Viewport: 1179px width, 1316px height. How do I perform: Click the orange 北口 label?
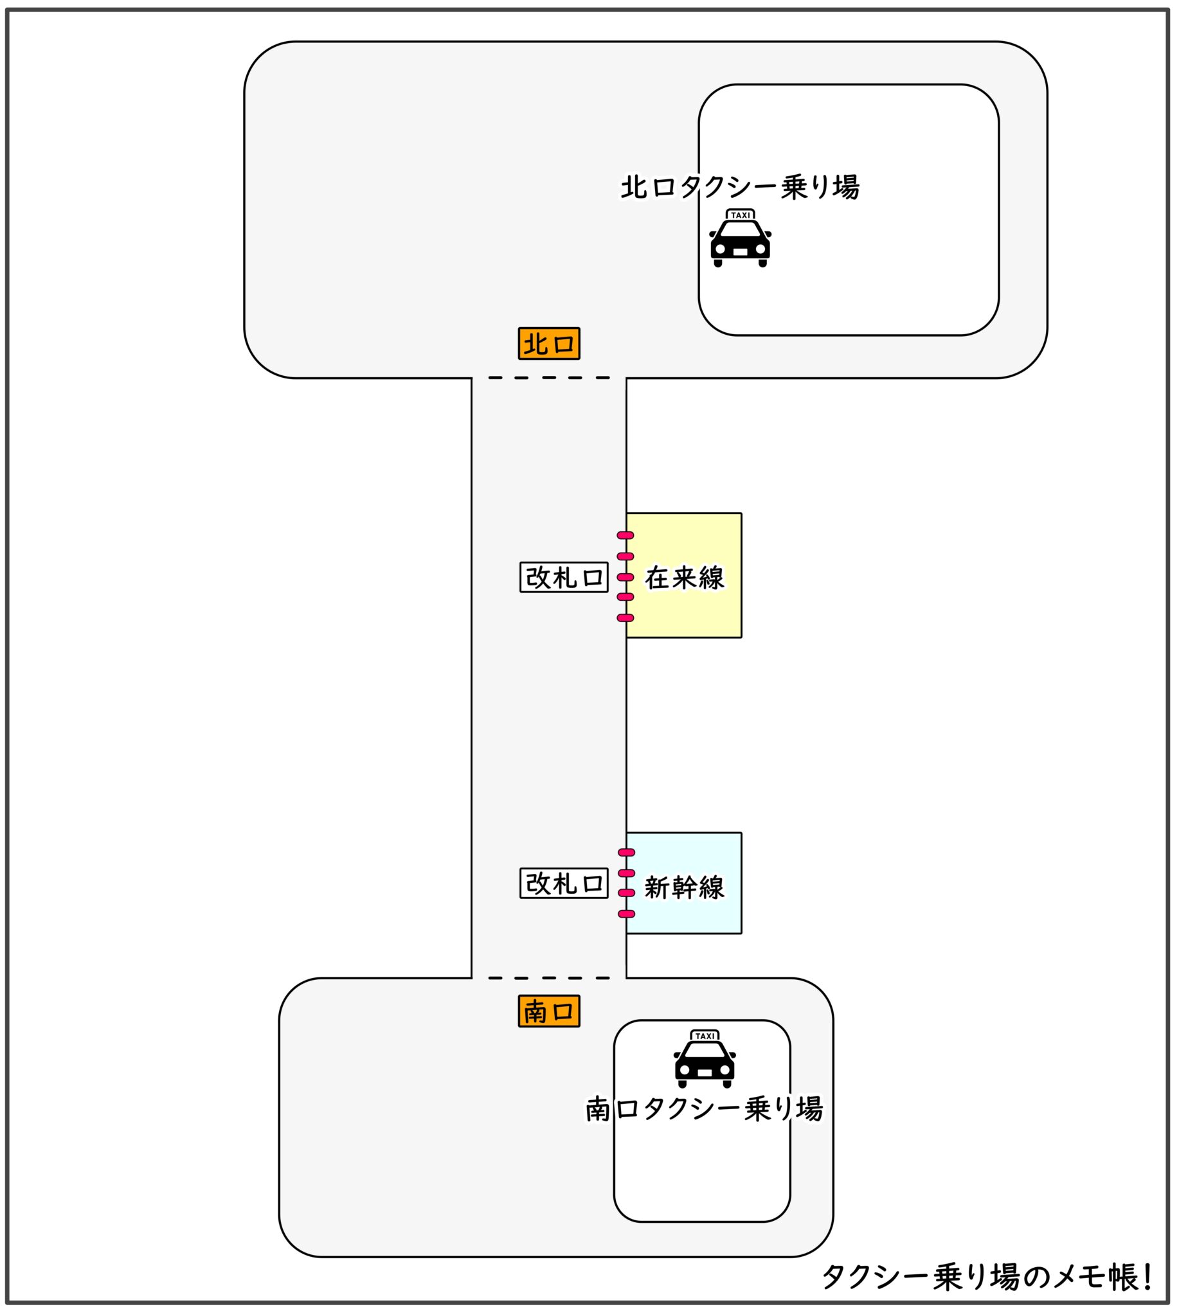549,343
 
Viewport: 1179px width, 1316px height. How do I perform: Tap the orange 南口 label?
549,1011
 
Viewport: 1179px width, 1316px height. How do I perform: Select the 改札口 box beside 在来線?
564,577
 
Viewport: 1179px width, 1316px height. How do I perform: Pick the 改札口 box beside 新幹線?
564,884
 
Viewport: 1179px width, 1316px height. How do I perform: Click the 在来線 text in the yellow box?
684,578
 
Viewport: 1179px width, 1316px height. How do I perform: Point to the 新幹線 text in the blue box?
684,887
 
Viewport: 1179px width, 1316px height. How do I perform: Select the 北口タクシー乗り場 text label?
740,187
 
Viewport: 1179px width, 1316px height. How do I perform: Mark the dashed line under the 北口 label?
549,378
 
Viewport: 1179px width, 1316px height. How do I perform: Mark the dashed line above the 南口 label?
549,978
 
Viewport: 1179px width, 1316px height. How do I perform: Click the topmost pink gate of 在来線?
625,536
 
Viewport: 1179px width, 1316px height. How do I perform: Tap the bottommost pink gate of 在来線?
625,618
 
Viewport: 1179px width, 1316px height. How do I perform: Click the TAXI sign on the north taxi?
740,215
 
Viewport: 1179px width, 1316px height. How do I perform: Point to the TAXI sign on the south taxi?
704,1036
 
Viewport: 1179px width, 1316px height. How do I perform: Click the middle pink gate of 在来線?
625,577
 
